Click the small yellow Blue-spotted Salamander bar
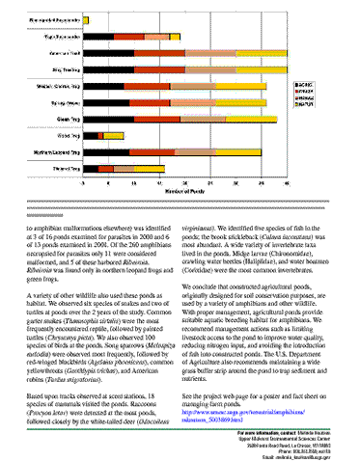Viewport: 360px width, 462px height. [86, 18]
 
